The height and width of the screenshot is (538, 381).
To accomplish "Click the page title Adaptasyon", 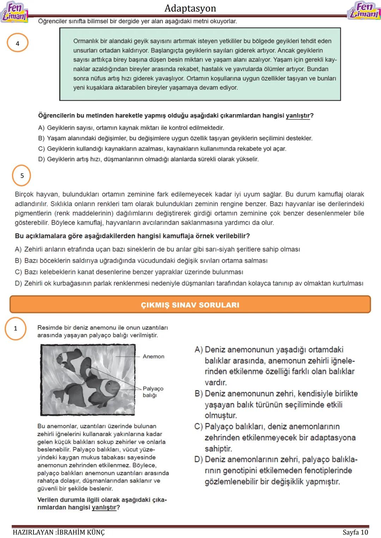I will [x=190, y=8].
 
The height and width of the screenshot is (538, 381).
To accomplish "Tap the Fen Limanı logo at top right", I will [x=364, y=11].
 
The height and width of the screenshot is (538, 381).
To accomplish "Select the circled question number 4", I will [x=17, y=43].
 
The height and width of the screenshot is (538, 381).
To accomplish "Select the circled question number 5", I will [x=22, y=175].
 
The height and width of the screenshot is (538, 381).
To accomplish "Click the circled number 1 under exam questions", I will [x=15, y=328].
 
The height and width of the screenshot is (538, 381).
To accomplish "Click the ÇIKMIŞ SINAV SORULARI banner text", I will [x=190, y=305].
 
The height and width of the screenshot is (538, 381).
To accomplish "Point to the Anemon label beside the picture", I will [x=153, y=357].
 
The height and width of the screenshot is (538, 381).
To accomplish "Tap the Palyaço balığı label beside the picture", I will [x=153, y=392].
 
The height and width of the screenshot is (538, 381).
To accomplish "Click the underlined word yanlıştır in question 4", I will [x=297, y=116].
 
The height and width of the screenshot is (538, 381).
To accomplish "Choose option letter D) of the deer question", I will [x=41, y=159].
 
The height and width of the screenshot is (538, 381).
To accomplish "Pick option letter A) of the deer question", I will [x=41, y=128].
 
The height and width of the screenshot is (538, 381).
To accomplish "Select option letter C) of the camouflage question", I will [x=18, y=272].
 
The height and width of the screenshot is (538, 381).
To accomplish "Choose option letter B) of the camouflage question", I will [x=18, y=261].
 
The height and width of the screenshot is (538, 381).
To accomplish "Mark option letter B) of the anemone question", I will [x=199, y=394].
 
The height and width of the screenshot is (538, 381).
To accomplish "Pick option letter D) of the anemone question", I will [x=199, y=459].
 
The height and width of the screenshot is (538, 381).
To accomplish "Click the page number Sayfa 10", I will [x=355, y=532].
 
